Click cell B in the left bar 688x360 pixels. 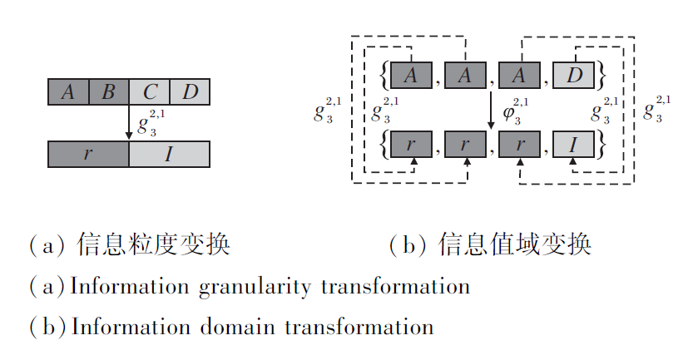109,91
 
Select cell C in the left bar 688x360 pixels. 150,91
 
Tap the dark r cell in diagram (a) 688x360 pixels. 88,155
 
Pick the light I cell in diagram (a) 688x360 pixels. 169,155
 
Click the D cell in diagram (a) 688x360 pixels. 190,91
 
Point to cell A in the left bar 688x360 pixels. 68,91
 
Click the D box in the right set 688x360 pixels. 574,76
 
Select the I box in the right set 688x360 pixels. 574,145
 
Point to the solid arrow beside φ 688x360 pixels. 492,110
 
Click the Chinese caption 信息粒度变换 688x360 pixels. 153,246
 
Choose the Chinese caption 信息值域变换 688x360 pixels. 516,246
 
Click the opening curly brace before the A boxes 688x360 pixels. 382,76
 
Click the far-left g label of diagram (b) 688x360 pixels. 326,111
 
